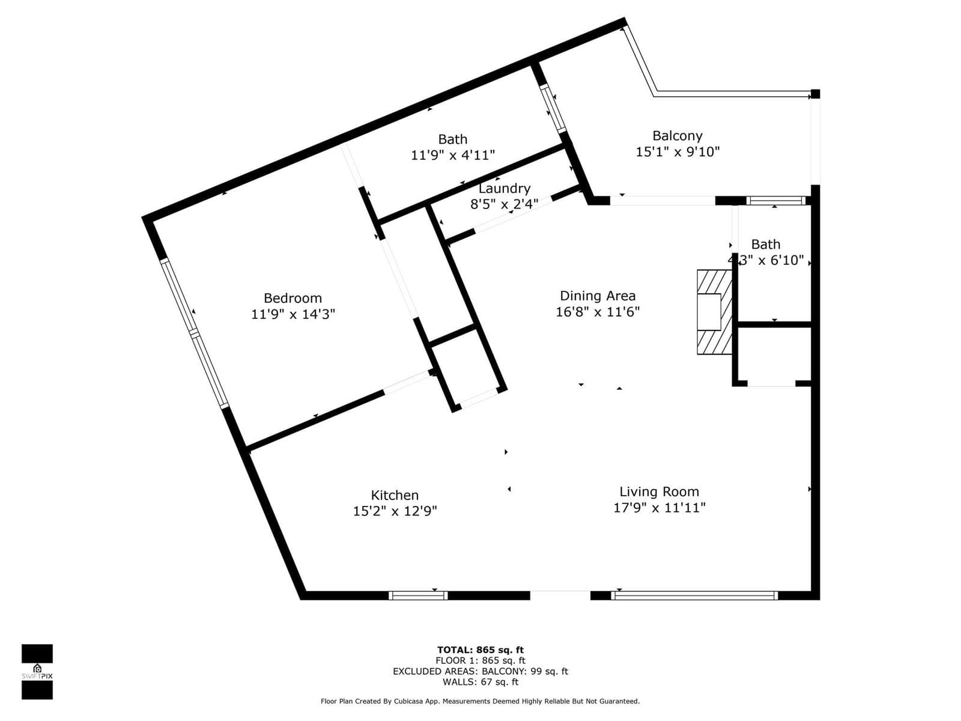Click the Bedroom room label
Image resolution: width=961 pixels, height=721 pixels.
pos(293,298)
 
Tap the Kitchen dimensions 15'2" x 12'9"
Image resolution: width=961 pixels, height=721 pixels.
pos(395,511)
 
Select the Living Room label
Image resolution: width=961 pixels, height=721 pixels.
pos(659,492)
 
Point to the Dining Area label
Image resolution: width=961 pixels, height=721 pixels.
pos(598,296)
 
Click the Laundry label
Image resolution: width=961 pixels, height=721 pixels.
pos(505,189)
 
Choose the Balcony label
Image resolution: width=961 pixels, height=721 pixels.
pos(678,136)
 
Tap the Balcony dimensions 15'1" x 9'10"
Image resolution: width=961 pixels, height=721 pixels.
pos(678,152)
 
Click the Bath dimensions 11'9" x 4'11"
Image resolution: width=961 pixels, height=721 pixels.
pos(453,155)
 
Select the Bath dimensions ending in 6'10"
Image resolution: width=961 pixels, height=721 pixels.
pos(766,261)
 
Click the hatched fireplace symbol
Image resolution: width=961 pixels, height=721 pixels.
pos(715,312)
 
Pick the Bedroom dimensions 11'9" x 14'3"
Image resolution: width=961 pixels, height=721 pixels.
pos(293,314)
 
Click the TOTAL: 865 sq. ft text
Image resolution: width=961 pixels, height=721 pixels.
pos(480,650)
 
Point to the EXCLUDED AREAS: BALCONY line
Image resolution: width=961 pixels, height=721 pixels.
pos(480,671)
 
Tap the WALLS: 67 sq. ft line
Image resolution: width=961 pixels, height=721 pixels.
pos(480,681)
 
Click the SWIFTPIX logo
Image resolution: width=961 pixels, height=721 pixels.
pos(37,672)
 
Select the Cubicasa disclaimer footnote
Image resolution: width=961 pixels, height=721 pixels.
pos(480,701)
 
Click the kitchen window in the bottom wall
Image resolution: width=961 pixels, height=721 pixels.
pos(418,595)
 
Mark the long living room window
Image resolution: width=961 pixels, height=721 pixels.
pos(694,595)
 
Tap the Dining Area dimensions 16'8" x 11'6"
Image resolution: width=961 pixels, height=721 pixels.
pos(598,312)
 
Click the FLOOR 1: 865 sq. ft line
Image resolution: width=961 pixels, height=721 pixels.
pos(480,660)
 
